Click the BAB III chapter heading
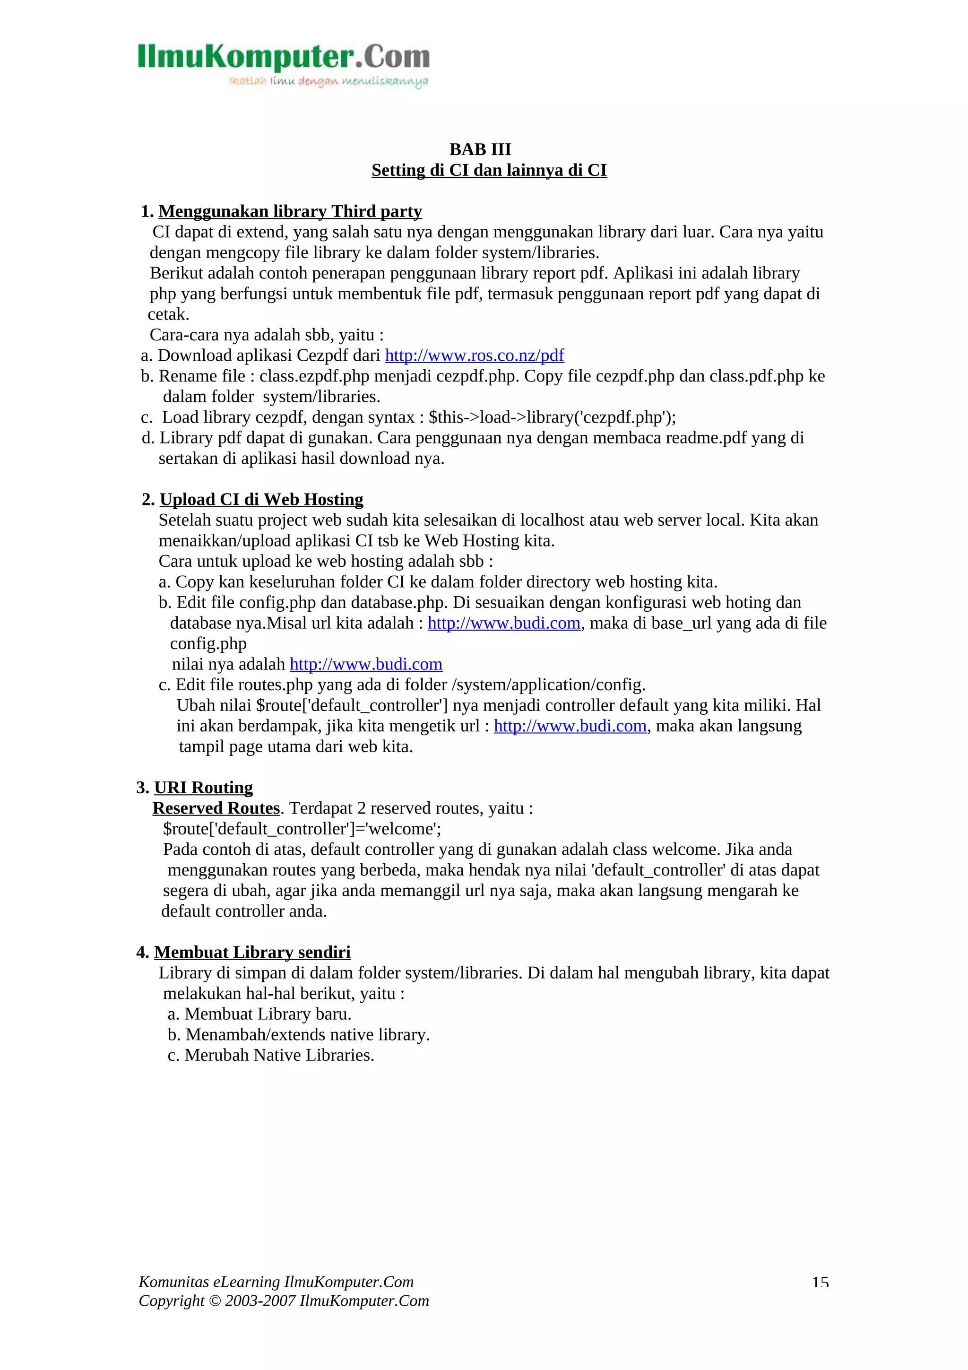click(480, 149)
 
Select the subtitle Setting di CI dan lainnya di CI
click(489, 170)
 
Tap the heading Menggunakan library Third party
click(290, 211)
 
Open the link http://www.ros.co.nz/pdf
click(474, 356)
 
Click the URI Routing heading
click(203, 788)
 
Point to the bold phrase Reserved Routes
click(216, 808)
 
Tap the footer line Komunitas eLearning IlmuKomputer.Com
click(276, 1282)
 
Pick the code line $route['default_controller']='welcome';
click(302, 829)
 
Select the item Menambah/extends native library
click(307, 1035)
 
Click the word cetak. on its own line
click(168, 314)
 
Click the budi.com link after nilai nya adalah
click(366, 664)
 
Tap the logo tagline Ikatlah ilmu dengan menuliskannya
click(328, 82)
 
